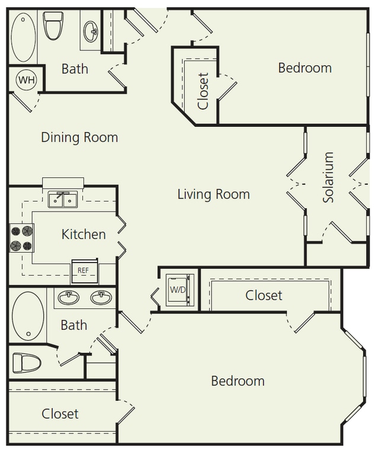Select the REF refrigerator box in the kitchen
coord(84,270)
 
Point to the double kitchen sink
coord(62,200)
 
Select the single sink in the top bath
coord(92,31)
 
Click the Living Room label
coord(213,194)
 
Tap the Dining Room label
coord(79,138)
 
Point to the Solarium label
coord(329,177)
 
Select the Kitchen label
coord(84,234)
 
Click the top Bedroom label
coord(304,68)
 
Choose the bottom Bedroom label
coord(238,380)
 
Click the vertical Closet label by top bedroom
coord(203,91)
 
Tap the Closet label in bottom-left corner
coord(60,413)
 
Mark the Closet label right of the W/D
coord(264,295)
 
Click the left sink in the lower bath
coord(68,297)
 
